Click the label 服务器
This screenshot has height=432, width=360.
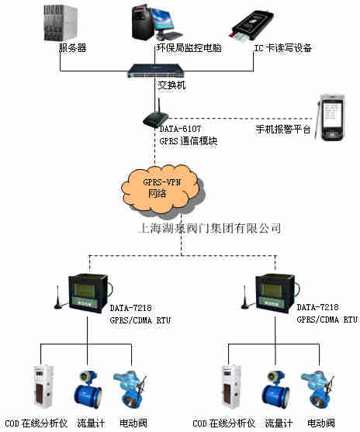pyautogui.click(x=72, y=48)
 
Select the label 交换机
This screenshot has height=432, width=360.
pyautogui.click(x=172, y=85)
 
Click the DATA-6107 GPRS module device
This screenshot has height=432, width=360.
pyautogui.click(x=154, y=117)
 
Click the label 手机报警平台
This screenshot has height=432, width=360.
pyautogui.click(x=283, y=130)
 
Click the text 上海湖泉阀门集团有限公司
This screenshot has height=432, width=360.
pyautogui.click(x=208, y=229)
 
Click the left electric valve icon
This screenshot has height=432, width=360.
pyautogui.click(x=127, y=385)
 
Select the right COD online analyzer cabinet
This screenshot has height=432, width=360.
pyautogui.click(x=230, y=385)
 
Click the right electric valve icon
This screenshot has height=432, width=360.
pyautogui.click(x=317, y=385)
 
